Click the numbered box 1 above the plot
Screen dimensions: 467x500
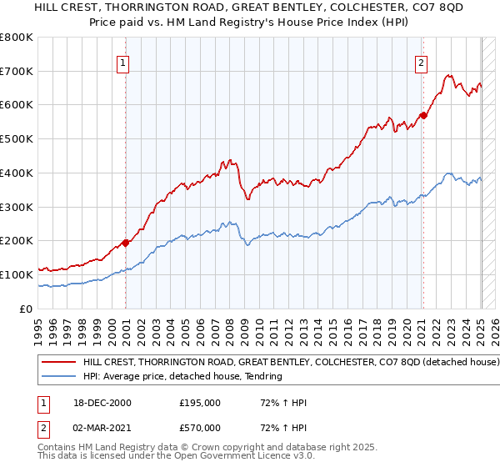pyautogui.click(x=122, y=62)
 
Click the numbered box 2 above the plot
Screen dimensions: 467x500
pyautogui.click(x=422, y=62)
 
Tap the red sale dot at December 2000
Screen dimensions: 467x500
pyautogui.click(x=126, y=243)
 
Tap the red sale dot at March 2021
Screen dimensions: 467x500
pyautogui.click(x=423, y=115)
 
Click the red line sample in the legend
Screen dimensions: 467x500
pyautogui.click(x=60, y=363)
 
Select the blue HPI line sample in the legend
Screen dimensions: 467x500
pyautogui.click(x=60, y=376)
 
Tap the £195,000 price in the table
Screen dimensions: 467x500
pyautogui.click(x=199, y=403)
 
